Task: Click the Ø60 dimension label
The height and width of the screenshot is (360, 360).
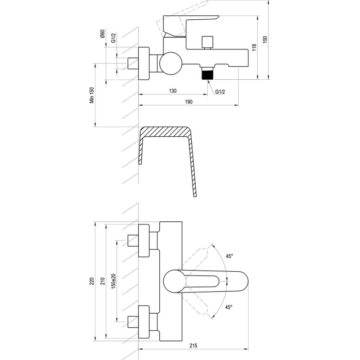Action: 103,34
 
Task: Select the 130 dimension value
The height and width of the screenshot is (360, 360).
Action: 173,91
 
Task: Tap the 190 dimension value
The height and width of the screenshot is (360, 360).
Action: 189,102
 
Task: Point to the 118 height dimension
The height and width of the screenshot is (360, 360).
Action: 254,47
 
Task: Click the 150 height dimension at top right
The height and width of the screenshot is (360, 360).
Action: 265,40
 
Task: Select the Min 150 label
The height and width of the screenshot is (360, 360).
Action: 92,95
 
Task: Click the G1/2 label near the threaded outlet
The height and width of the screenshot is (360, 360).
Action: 220,92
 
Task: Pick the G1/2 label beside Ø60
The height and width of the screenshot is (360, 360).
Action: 113,38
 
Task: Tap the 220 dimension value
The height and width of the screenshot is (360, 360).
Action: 92,281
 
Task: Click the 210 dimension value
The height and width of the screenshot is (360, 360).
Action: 103,281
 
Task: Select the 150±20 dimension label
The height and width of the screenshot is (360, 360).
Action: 113,281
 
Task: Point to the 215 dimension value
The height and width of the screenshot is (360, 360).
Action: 193,345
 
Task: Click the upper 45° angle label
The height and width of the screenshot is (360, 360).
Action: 229,256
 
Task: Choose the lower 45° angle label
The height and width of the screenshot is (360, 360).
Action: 229,307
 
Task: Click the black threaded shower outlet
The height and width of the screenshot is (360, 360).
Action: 207,73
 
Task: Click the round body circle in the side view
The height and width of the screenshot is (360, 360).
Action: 171,63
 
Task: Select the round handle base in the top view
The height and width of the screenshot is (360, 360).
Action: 175,281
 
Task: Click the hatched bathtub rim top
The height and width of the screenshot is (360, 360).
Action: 166,131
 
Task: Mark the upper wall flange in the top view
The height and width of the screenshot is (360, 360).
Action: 144,241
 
